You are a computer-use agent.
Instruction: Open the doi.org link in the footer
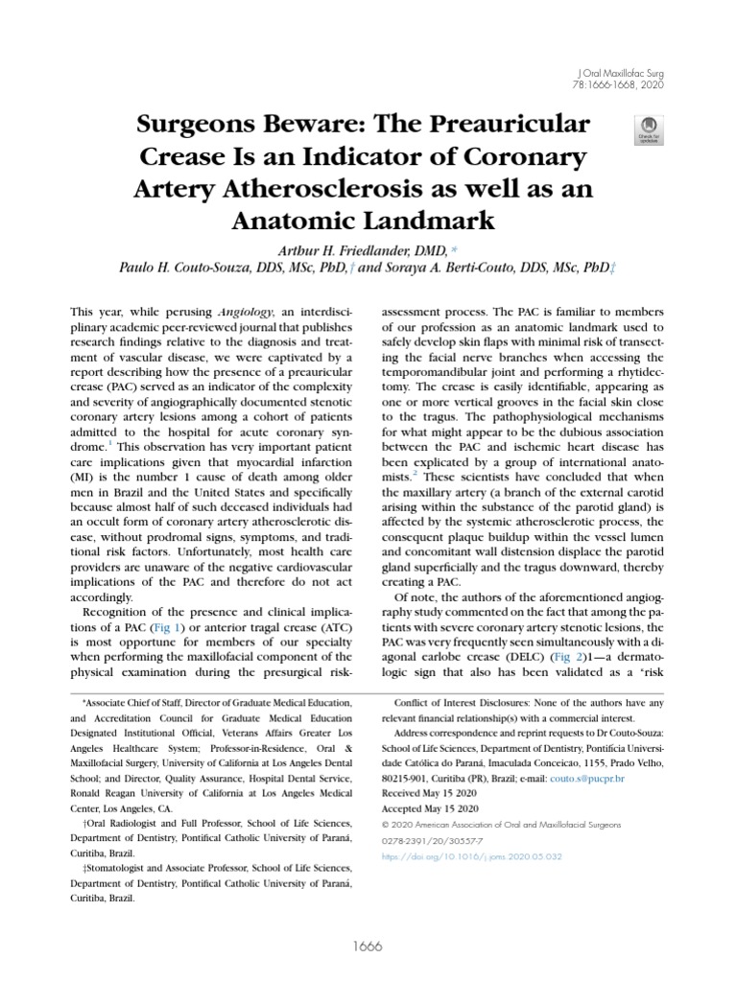coord(471,856)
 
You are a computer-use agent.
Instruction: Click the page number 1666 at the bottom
coord(368,947)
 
